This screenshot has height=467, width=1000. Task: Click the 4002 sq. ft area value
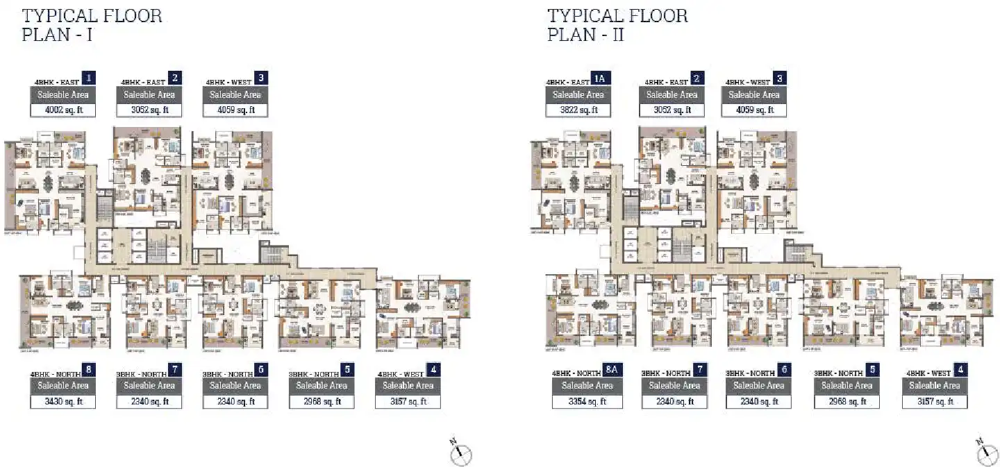[x=62, y=110]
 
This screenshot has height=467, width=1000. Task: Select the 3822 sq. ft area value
[x=578, y=110]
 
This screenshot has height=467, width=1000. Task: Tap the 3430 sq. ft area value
[x=62, y=402]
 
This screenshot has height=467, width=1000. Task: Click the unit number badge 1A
[x=599, y=78]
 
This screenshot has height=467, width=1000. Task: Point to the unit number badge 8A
[x=612, y=370]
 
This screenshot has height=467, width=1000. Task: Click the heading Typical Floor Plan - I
[x=92, y=25]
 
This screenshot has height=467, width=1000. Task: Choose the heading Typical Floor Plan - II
[x=617, y=25]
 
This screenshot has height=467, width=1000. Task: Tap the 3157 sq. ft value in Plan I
[x=408, y=402]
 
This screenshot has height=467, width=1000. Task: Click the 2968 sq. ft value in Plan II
[x=847, y=402]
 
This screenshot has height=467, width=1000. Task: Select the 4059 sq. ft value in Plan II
[x=753, y=110]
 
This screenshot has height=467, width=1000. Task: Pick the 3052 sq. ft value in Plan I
[x=149, y=110]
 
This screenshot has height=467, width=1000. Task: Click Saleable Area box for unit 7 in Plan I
[x=149, y=386]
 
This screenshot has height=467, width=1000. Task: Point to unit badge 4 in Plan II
[x=960, y=370]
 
